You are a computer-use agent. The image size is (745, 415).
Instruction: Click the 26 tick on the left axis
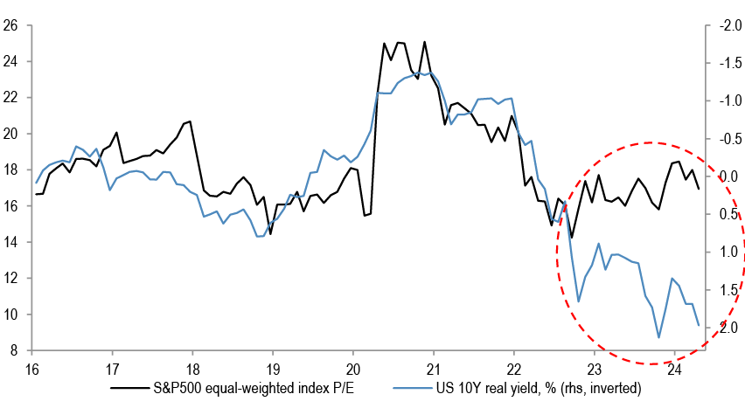click(x=12, y=25)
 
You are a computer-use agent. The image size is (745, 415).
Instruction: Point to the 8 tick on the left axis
click(x=16, y=351)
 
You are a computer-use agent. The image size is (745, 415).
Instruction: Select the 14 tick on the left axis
click(x=12, y=242)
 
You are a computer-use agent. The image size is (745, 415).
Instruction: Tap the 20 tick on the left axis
click(x=12, y=134)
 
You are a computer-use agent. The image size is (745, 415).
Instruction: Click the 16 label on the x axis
click(x=32, y=368)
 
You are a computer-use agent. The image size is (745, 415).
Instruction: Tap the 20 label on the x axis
click(x=353, y=368)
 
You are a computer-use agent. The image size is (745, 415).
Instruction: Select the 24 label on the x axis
click(x=674, y=368)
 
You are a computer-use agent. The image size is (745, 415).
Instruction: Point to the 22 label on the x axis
click(x=514, y=368)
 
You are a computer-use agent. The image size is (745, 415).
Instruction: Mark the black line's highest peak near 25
click(x=425, y=42)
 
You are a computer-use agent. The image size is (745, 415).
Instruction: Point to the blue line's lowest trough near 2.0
click(x=658, y=337)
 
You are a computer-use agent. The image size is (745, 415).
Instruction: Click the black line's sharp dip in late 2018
click(x=270, y=233)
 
